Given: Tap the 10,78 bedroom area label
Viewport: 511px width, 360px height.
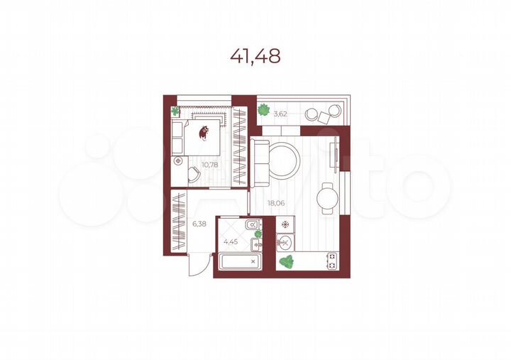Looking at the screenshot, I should coord(209,165).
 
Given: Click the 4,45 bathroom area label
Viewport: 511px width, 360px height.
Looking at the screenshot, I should coord(231,241).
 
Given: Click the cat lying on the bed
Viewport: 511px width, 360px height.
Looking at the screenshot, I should coord(204,132).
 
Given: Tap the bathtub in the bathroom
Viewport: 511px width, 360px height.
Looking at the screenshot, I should coord(239,262).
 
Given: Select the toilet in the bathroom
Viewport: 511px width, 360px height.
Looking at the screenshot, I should coord(253,226).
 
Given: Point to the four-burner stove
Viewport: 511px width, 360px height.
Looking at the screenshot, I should coord(331,261).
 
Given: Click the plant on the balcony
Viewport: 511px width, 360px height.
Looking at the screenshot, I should coord(264,109).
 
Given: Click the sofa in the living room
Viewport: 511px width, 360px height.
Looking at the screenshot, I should coord(260,160).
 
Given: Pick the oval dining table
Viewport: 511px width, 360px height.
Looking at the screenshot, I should coord(327,197).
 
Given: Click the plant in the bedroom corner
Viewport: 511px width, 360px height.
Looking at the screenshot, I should coord(176,111).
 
